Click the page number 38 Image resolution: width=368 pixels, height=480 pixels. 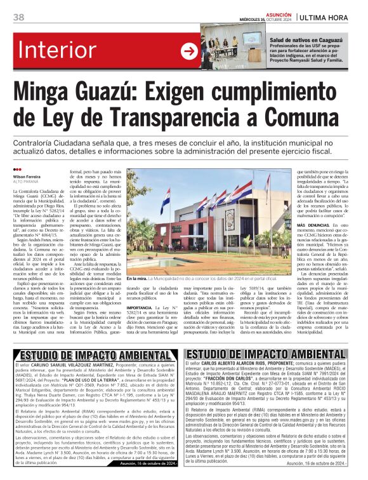(x=18, y=17)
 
